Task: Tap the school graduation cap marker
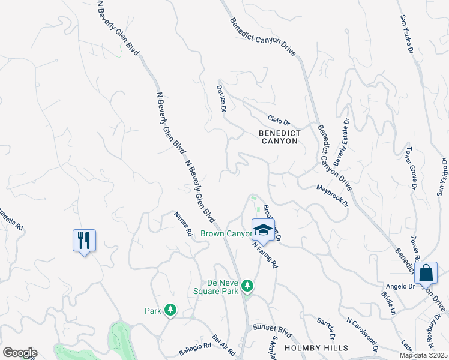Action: click(x=263, y=230)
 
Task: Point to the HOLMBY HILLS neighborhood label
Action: click(x=316, y=348)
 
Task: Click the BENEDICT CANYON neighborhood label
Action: click(x=279, y=136)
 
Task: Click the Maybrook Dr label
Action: click(x=333, y=196)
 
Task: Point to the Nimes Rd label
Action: click(x=183, y=223)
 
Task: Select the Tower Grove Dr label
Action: click(x=411, y=168)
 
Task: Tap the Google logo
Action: click(x=20, y=353)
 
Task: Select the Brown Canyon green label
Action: click(x=226, y=233)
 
